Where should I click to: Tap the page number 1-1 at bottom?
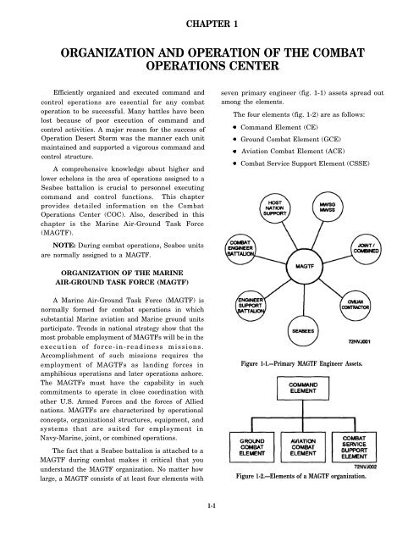tap(209, 530)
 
